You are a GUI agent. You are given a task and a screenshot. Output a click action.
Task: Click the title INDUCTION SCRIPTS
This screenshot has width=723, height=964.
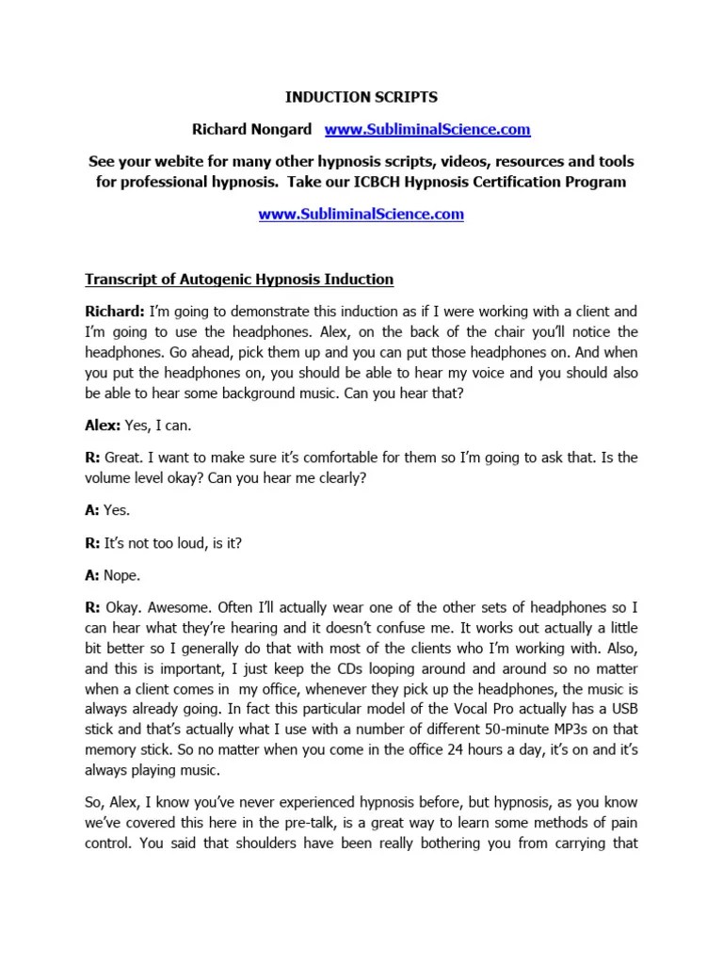[361, 97]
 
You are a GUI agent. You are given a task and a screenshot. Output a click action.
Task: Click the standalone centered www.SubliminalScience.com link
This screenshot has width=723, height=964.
[361, 214]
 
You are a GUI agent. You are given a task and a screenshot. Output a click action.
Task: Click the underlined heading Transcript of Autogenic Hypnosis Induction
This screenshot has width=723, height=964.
[239, 280]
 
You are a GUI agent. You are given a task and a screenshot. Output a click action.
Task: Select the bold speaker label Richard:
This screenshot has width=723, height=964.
[113, 312]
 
